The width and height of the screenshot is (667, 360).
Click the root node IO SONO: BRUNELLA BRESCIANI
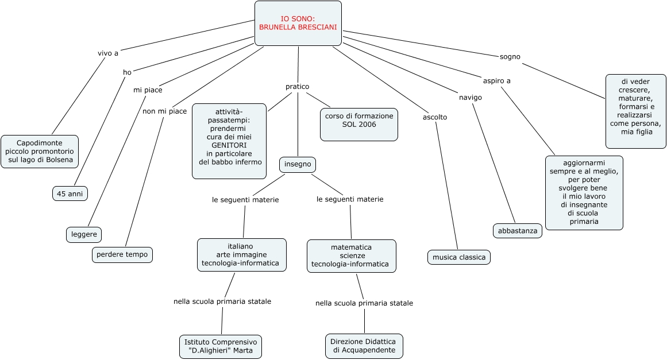pos(298,23)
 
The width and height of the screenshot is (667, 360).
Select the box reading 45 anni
pos(70,193)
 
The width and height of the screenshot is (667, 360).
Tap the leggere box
pos(84,234)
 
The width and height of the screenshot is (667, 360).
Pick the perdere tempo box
pos(122,254)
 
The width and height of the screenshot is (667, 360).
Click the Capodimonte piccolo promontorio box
pos(40,152)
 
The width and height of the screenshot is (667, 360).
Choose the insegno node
pos(298,164)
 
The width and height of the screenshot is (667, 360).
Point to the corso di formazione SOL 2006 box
pos(359,123)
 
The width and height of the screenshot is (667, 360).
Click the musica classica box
pos(458,257)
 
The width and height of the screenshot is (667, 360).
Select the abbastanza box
pos(517,231)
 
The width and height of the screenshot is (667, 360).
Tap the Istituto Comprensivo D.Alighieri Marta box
pos(220,346)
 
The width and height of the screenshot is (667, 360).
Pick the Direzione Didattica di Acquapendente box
pos(364,346)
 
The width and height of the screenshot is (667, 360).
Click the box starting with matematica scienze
pos(351,256)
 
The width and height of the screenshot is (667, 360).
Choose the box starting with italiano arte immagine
pos(241,254)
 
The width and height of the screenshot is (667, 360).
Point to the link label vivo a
pos(108,53)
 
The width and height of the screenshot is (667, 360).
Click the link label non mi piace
pos(164,111)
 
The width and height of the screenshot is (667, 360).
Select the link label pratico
pos(297,87)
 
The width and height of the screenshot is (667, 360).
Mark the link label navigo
pos(470,98)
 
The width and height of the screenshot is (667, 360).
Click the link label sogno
pos(510,57)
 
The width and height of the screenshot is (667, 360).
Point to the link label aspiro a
pos(496,81)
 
